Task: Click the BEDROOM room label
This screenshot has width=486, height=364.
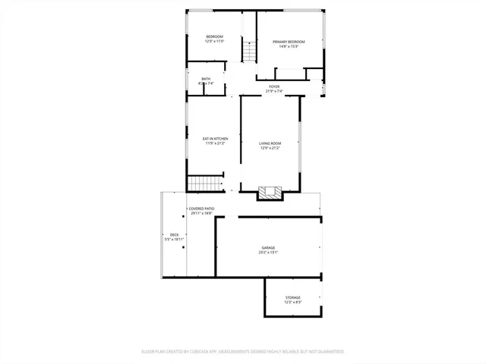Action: (215, 36)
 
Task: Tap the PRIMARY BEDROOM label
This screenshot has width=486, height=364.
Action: (289, 42)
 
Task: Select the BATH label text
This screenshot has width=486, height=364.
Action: (206, 79)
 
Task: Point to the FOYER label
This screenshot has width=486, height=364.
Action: (274, 86)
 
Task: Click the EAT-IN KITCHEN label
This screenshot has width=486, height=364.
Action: (215, 138)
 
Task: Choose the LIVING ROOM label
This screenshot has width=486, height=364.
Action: (270, 143)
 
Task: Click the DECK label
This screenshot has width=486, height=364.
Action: (175, 234)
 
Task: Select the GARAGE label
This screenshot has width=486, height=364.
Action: (269, 248)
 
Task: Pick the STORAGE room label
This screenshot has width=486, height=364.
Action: (293, 297)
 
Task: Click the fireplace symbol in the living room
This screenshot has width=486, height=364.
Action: (268, 193)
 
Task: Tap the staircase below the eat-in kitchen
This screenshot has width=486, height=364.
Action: (203, 184)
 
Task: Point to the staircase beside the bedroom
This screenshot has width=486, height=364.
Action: (248, 52)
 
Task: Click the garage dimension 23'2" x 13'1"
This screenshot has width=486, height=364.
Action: (269, 253)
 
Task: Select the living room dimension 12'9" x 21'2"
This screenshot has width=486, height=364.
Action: (270, 148)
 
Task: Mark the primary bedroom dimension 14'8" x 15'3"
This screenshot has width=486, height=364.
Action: (289, 46)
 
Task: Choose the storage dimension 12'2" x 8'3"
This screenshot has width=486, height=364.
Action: (293, 302)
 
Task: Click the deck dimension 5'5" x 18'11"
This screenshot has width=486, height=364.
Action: (175, 239)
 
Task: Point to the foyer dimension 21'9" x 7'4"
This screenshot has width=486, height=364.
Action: (274, 91)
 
